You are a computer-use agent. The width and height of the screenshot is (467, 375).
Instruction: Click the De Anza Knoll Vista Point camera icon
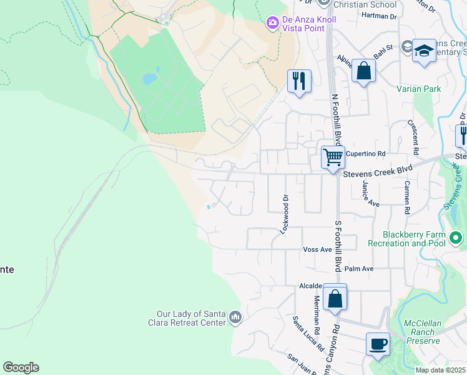(272, 24)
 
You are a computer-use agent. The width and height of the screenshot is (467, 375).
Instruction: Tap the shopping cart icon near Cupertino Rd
(333, 156)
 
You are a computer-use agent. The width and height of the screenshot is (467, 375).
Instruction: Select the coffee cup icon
(378, 344)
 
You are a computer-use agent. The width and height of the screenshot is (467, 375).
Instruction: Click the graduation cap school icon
(424, 51)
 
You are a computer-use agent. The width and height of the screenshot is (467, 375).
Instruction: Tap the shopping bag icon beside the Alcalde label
(335, 299)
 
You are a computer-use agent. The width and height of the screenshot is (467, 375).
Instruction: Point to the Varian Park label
(418, 89)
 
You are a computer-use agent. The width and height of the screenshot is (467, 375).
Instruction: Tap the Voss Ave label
(317, 249)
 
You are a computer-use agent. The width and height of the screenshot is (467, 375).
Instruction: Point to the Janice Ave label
(370, 195)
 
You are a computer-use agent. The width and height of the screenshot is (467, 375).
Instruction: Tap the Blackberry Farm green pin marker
(456, 238)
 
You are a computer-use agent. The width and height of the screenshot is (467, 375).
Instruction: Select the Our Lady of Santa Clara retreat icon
(235, 317)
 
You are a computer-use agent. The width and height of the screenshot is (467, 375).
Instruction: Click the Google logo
(21, 367)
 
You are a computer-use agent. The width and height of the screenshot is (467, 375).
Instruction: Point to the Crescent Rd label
(414, 137)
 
